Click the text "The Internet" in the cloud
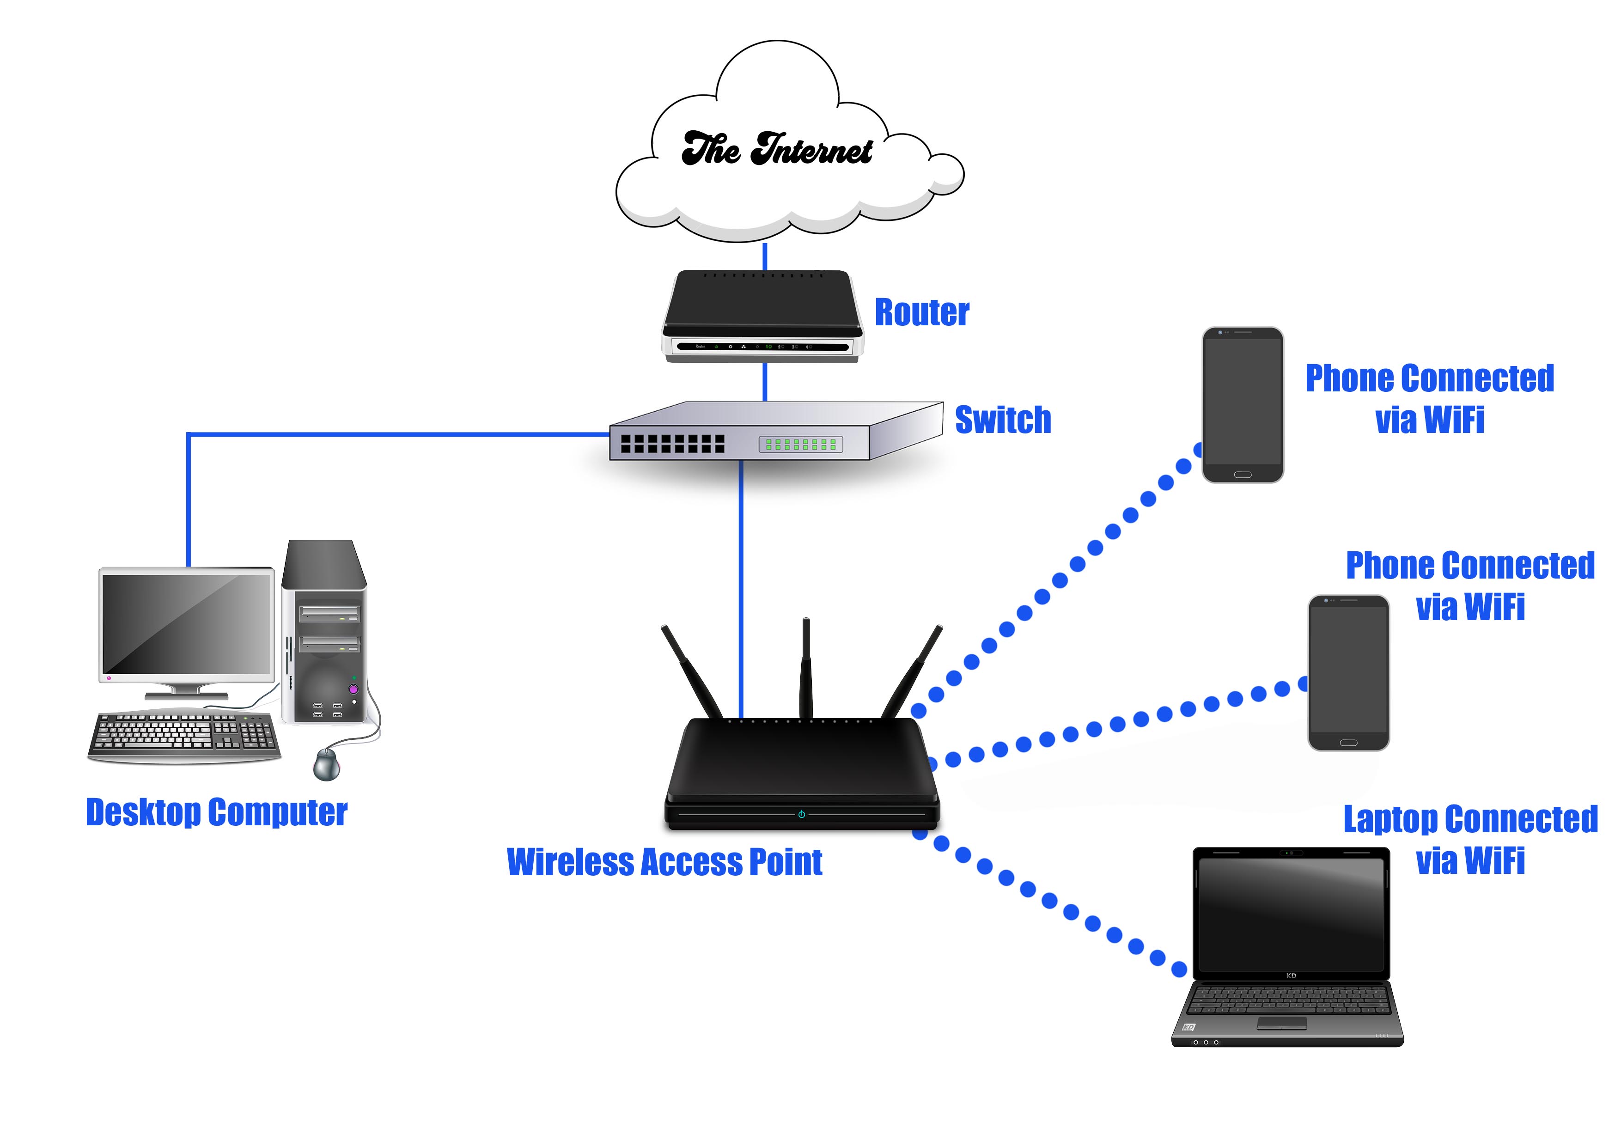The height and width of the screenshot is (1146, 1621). pyautogui.click(x=777, y=150)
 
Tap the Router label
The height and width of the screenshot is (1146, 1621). pyautogui.click(x=921, y=313)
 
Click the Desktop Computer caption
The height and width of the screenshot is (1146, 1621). pyautogui.click(x=216, y=813)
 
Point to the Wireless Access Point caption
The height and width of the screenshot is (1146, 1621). pyautogui.click(x=664, y=862)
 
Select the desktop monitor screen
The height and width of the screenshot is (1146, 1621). pyautogui.click(x=187, y=623)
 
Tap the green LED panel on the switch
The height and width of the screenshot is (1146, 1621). pyautogui.click(x=801, y=444)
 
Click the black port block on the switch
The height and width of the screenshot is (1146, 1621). pyautogui.click(x=672, y=444)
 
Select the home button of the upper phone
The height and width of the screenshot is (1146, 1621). pyautogui.click(x=1243, y=475)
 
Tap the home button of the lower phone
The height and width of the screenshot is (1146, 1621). pyautogui.click(x=1348, y=743)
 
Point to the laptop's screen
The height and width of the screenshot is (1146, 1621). pyautogui.click(x=1291, y=914)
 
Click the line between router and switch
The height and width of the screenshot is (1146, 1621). pyautogui.click(x=765, y=382)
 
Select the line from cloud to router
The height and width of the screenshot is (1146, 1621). pyautogui.click(x=765, y=256)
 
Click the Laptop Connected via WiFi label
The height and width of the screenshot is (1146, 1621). pyautogui.click(x=1470, y=840)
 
